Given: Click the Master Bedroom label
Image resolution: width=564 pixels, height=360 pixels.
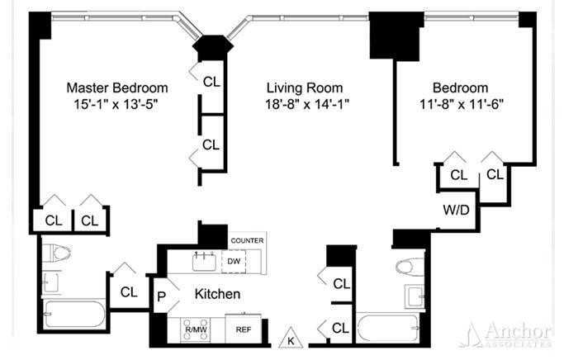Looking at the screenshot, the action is [117, 88].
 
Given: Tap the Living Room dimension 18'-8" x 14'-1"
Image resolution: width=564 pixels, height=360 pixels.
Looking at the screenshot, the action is [307, 104].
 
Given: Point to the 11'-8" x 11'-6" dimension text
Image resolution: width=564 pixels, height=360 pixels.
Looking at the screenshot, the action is [461, 104].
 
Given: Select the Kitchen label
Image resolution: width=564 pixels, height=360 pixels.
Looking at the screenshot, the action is [217, 294].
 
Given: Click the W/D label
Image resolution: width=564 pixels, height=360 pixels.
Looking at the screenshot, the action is [456, 210].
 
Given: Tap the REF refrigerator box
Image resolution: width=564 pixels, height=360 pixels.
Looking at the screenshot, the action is [244, 329].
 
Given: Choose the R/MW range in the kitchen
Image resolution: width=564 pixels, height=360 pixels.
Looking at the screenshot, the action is [195, 329].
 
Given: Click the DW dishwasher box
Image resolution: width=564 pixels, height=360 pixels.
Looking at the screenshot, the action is [234, 262].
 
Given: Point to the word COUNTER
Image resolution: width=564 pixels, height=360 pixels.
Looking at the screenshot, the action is [247, 240].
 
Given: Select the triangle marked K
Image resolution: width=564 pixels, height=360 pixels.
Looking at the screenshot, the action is [291, 338].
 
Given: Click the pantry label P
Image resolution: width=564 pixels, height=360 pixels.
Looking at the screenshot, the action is [162, 297].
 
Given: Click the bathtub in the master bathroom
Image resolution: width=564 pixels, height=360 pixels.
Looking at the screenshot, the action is [74, 314].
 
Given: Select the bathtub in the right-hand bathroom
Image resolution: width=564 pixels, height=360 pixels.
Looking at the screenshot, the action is [388, 328].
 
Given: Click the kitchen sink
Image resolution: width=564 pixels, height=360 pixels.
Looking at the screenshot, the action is [204, 262].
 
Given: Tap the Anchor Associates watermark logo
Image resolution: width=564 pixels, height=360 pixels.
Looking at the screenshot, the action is [509, 335].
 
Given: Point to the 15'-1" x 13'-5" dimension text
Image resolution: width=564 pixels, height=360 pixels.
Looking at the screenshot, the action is [116, 104].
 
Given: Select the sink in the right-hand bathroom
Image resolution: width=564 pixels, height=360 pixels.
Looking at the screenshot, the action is [415, 297].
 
